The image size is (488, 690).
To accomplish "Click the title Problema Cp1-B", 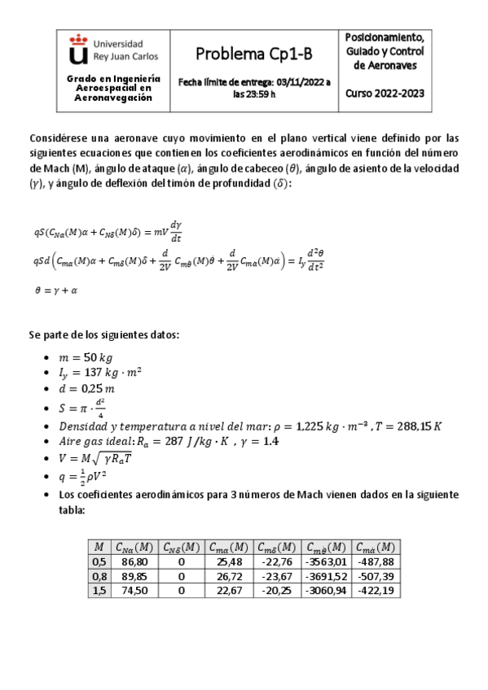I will pyautogui.click(x=250, y=54).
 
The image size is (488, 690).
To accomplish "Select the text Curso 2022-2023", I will pyautogui.click(x=385, y=93).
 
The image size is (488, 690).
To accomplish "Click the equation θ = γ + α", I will pyautogui.click(x=56, y=289).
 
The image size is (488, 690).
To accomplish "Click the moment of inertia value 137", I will pyautogui.click(x=95, y=373).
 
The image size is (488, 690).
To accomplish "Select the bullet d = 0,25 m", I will pyautogui.click(x=81, y=390).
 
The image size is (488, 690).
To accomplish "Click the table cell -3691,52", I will pyautogui.click(x=326, y=576).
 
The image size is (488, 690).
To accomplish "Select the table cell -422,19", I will pyautogui.click(x=376, y=590).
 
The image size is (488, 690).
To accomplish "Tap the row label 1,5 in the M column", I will pyautogui.click(x=99, y=590).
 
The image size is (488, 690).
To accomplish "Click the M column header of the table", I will pyautogui.click(x=99, y=547).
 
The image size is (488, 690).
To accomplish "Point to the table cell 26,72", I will pyautogui.click(x=229, y=576).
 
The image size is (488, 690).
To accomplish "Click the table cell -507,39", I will pyautogui.click(x=376, y=576).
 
